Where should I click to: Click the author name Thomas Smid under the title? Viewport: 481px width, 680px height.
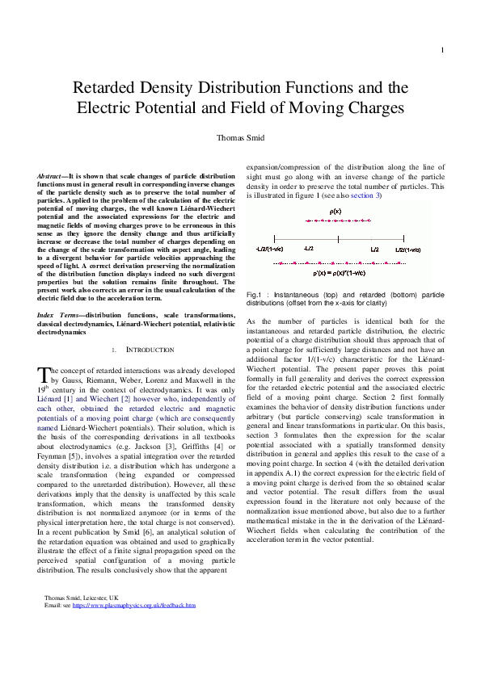pos(240,137)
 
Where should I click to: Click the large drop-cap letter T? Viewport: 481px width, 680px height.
pos(44,374)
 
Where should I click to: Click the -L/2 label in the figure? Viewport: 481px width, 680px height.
pos(308,250)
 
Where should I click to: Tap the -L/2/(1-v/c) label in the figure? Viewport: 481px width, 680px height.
pos(269,250)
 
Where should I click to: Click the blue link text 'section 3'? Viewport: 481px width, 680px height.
pos(365,196)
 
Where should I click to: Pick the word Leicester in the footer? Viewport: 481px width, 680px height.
pos(95,597)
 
